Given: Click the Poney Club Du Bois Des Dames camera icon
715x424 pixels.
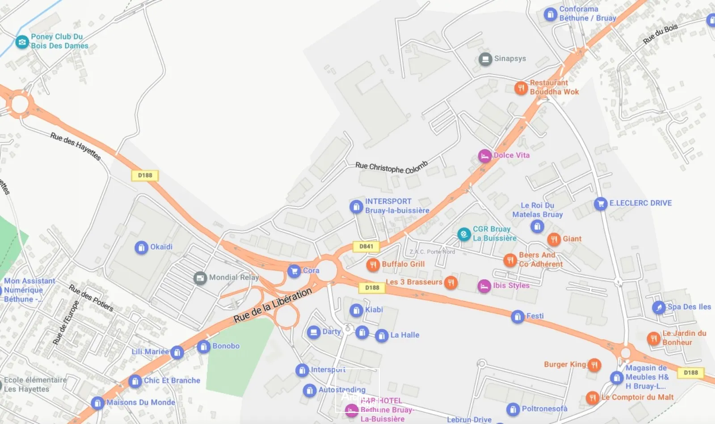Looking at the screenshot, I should pos(22,42).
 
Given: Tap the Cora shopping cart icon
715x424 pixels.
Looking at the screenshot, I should pos(294,271).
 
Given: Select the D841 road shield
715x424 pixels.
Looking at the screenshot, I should pos(366,246).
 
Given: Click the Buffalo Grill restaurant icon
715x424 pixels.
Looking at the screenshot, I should pos(373,264).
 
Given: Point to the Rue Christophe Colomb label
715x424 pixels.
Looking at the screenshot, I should pos(391,167).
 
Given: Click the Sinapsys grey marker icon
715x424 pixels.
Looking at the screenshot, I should pos(485,59).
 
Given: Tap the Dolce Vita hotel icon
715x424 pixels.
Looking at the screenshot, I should pos(485,156).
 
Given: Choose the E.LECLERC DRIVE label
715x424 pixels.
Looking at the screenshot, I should pos(640,203).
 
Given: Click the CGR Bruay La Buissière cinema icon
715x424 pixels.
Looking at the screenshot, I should pos(464,234).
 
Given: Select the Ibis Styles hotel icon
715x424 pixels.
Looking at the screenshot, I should pos(484,286).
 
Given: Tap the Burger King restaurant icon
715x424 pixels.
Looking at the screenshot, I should pos(594,365).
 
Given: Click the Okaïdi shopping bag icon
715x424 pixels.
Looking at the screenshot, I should pos(141,247).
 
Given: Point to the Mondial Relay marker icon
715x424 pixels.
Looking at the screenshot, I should pos(200,278).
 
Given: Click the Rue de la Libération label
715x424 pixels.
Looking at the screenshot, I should pos(273,306).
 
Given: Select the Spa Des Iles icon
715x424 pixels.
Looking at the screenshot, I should pos(659,307).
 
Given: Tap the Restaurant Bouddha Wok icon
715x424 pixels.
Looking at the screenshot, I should pos(521,88).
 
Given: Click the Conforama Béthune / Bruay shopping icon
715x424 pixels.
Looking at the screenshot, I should pos(550,14).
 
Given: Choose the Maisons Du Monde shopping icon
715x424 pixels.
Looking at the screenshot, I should pos(97,403).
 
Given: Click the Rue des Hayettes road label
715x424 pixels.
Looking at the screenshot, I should pos(76,146).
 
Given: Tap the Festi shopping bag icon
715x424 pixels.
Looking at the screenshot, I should pos(517,317).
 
